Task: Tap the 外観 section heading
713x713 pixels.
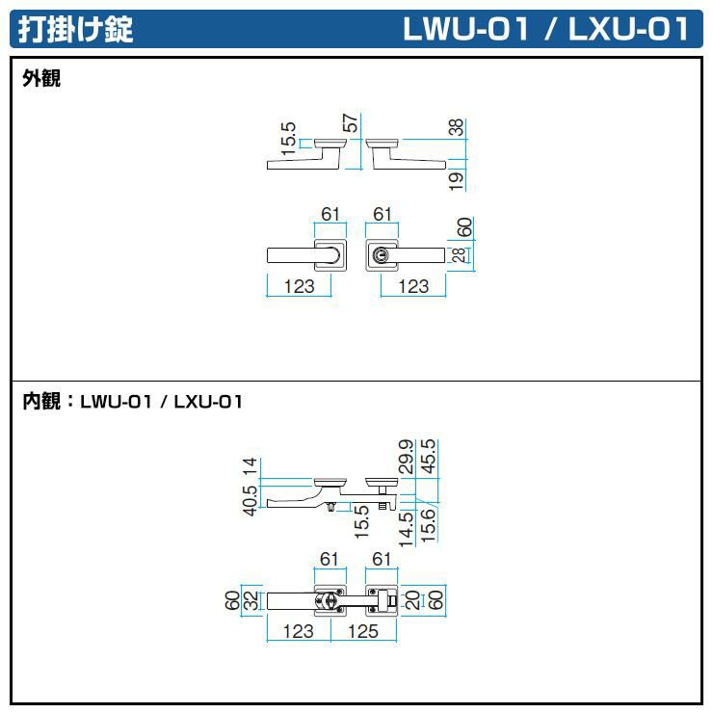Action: pyautogui.click(x=41, y=80)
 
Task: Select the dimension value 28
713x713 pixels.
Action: pyautogui.click(x=459, y=254)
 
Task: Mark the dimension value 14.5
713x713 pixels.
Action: pyautogui.click(x=406, y=529)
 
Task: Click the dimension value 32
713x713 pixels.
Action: pyautogui.click(x=251, y=600)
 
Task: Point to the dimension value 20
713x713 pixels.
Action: pyautogui.click(x=413, y=600)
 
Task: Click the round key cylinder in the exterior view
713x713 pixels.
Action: pyautogui.click(x=383, y=254)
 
